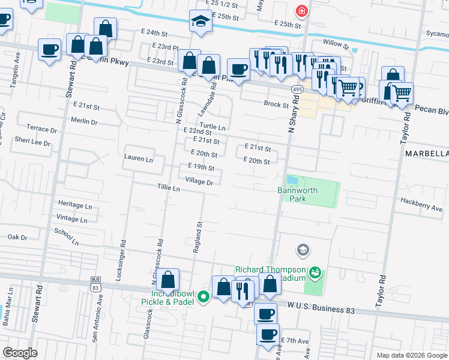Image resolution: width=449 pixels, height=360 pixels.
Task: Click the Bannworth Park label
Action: click(292, 194)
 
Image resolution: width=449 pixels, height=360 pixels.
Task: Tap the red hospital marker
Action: click(300, 11)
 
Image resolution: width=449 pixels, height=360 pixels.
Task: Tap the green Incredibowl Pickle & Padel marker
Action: click(204, 295)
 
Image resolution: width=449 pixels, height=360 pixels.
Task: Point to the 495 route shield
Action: click(297, 89)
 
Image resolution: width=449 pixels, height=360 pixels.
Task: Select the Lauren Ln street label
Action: click(138, 159)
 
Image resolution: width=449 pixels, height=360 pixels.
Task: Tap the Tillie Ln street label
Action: click(169, 188)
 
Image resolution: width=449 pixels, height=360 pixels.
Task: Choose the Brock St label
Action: click(276, 104)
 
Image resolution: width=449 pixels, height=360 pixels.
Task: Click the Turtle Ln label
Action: click(212, 127)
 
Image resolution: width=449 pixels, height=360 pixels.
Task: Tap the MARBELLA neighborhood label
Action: click(426, 154)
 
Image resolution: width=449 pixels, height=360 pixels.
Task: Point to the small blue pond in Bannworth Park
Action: click(292, 180)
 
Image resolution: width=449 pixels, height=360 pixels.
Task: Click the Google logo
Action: click(20, 353)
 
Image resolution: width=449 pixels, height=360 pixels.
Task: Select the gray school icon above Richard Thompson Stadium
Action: click(303, 249)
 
